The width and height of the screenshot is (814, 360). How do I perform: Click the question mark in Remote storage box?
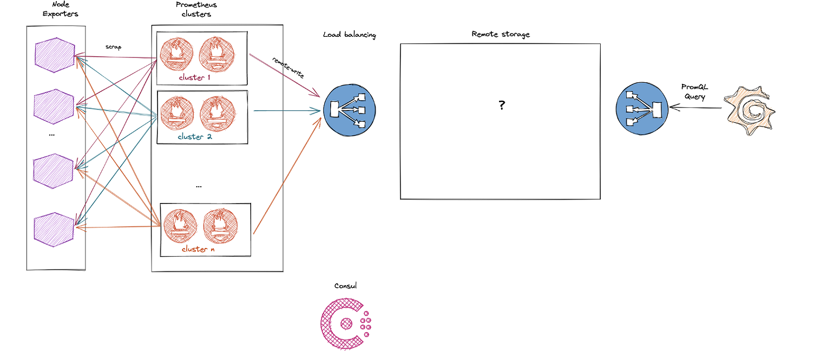coord(502,106)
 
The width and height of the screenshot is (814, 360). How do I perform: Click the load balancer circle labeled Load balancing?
coord(349,110)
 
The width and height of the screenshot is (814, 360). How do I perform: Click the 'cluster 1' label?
coord(194,77)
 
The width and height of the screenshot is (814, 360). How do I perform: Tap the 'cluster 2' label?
coord(194,136)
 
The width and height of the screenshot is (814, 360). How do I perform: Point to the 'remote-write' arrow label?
coord(287,68)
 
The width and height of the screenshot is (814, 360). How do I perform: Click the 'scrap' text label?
coord(113,47)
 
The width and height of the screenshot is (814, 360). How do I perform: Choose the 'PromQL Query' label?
coord(695,91)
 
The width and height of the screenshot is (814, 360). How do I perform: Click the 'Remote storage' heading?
coord(500,34)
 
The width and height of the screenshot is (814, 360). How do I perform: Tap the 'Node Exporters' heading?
coord(60,10)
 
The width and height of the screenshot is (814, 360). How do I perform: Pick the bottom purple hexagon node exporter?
coord(54,230)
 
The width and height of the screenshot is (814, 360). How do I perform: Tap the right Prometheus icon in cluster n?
coord(220,225)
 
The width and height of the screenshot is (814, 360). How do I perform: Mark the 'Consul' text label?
coord(345,286)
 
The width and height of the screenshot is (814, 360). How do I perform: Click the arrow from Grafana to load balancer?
coord(695,108)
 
